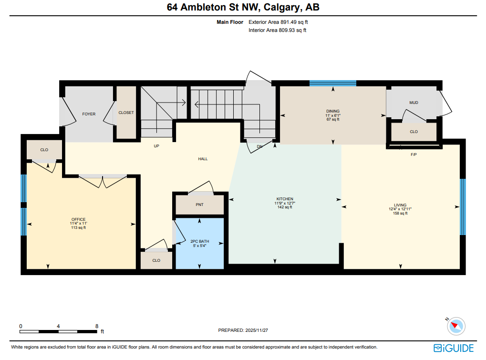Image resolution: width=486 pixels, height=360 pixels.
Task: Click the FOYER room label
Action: pyautogui.click(x=89, y=114)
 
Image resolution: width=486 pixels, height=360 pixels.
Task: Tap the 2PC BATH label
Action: pyautogui.click(x=199, y=241)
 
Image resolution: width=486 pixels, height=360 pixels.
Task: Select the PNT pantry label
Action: pyautogui.click(x=199, y=205)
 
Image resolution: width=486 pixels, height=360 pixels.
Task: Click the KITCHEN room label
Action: pyautogui.click(x=285, y=199)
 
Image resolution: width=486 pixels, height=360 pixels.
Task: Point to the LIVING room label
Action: pyautogui.click(x=400, y=205)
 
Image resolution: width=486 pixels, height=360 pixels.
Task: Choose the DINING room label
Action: pyautogui.click(x=332, y=111)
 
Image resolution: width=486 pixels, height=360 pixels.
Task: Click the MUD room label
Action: pyautogui.click(x=414, y=103)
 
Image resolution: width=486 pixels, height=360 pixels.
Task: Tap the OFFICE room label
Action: pyautogui.click(x=78, y=219)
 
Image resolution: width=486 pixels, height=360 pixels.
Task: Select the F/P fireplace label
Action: pyautogui.click(x=414, y=155)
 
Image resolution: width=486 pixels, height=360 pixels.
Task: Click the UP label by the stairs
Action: pyautogui.click(x=156, y=146)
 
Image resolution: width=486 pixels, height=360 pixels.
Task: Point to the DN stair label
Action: pyautogui.click(x=259, y=146)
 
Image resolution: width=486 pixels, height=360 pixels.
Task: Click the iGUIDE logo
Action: pyautogui.click(x=454, y=348)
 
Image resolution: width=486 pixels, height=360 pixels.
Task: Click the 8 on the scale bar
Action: pyautogui.click(x=97, y=326)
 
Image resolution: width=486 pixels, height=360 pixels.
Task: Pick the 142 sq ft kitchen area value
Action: pyautogui.click(x=285, y=207)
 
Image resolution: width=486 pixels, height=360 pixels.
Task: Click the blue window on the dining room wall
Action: pyautogui.click(x=332, y=83)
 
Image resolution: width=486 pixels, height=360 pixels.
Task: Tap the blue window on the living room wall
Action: pyautogui.click(x=462, y=207)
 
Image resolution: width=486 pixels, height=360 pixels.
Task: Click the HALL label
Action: pyautogui.click(x=203, y=159)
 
